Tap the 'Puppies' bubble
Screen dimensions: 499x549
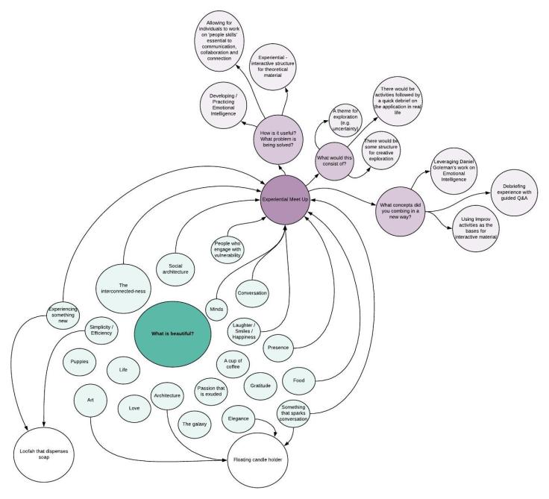80,362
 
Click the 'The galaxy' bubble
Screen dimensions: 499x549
195,423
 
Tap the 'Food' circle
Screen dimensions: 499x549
298,380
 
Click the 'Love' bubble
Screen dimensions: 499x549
134,407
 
